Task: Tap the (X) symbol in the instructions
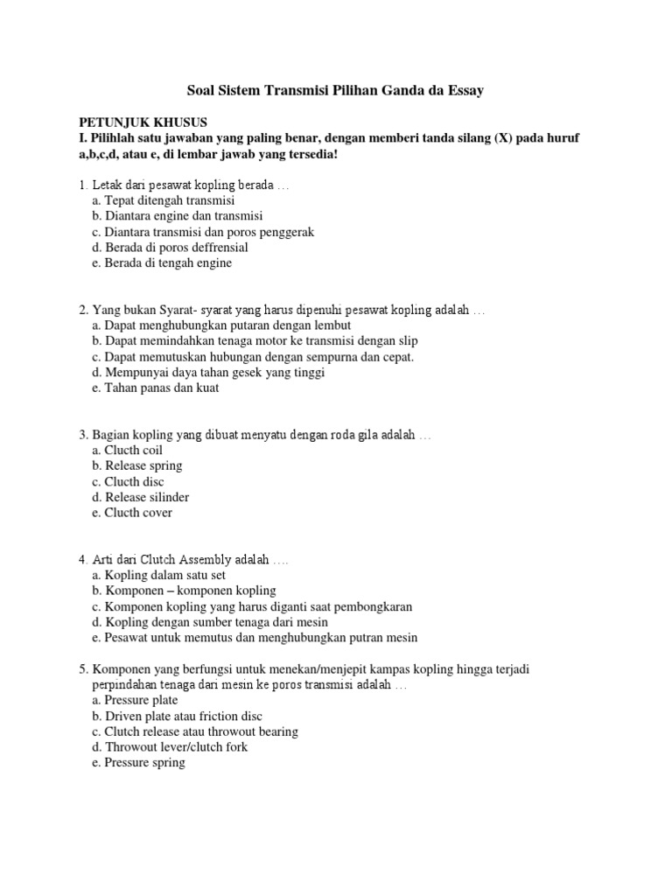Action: (506, 138)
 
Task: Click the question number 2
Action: (82, 311)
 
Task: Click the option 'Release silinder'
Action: (140, 498)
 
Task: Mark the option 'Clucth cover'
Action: (132, 514)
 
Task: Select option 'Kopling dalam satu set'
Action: (159, 575)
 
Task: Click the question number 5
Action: (82, 669)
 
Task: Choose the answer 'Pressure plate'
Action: (135, 700)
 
